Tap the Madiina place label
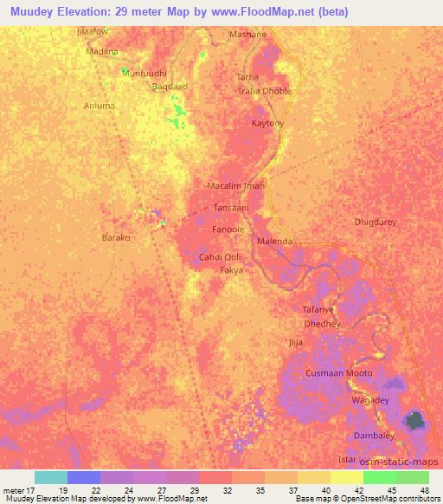100,51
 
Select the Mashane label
247,35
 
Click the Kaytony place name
267,124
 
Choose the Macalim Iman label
235,186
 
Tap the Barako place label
116,237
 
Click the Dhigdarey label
376,223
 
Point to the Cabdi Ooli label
220,258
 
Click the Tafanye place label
318,309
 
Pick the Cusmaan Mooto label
339,373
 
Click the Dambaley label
374,436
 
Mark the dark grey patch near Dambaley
415,422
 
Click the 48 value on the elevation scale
424,489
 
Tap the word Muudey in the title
32,11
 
